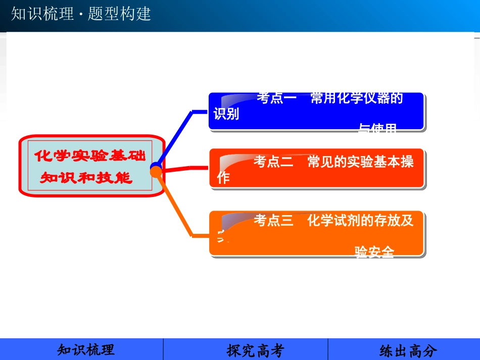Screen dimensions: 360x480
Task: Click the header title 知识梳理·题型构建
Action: [x=81, y=14]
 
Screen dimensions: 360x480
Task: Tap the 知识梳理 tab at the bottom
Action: [x=86, y=350]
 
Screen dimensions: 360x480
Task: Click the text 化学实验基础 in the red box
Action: [x=90, y=156]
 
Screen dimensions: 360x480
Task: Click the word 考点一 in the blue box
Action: [x=276, y=98]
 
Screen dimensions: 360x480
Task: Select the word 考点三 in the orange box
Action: [x=273, y=221]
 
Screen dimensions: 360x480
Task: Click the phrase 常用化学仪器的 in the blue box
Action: [x=357, y=98]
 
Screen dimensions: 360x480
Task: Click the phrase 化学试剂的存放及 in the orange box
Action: [x=360, y=221]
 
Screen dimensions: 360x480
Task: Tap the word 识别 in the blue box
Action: [x=226, y=114]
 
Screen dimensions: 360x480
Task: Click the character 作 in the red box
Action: [x=223, y=178]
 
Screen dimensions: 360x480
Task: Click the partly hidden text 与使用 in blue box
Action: [x=377, y=129]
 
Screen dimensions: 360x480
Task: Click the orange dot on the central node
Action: [x=156, y=172]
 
